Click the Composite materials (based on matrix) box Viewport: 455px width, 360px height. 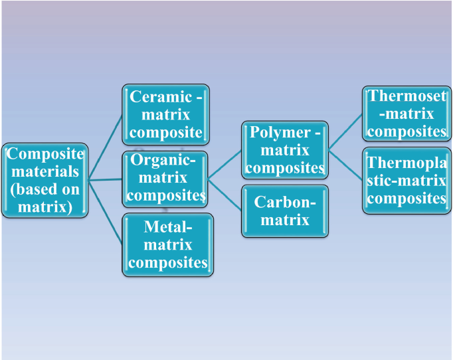click(x=45, y=179)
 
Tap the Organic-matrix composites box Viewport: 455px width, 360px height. click(x=165, y=178)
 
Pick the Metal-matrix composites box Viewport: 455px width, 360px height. click(x=168, y=244)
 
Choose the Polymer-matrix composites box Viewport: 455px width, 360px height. click(x=284, y=149)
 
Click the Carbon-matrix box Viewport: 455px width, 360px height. click(x=284, y=211)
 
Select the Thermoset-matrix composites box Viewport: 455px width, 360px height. click(x=406, y=114)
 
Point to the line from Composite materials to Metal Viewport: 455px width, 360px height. click(x=106, y=213)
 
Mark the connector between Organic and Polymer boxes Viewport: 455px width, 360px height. click(x=225, y=163)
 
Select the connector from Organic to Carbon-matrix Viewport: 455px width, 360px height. click(x=225, y=193)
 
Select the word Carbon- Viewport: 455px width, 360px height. click(x=284, y=203)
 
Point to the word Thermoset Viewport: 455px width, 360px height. click(x=407, y=96)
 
